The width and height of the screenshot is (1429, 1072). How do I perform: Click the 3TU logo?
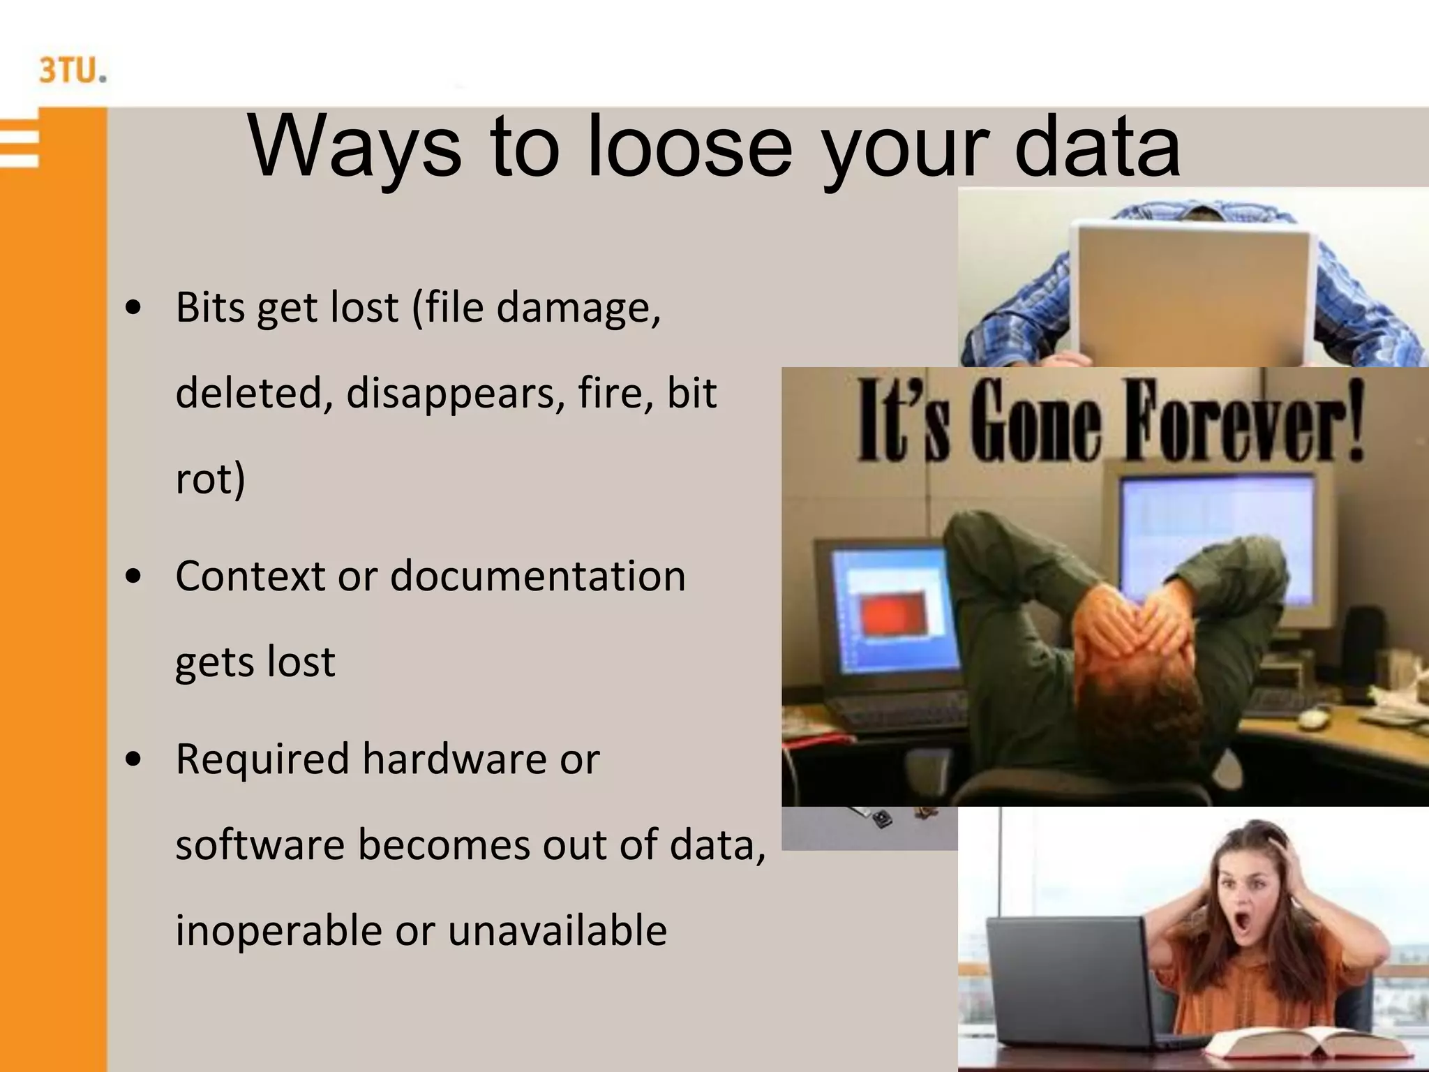click(x=73, y=71)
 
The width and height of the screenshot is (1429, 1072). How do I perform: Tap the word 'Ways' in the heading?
click(x=354, y=148)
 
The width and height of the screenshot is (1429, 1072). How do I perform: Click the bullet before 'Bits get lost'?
click(x=133, y=308)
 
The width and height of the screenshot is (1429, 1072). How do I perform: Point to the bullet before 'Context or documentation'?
click(x=133, y=576)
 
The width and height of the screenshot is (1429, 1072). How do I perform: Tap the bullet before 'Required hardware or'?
click(x=133, y=759)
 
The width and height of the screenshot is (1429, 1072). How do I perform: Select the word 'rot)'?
click(x=210, y=479)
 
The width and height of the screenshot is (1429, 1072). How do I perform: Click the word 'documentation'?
click(x=537, y=576)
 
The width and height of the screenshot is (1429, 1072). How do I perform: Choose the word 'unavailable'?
click(x=557, y=931)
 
